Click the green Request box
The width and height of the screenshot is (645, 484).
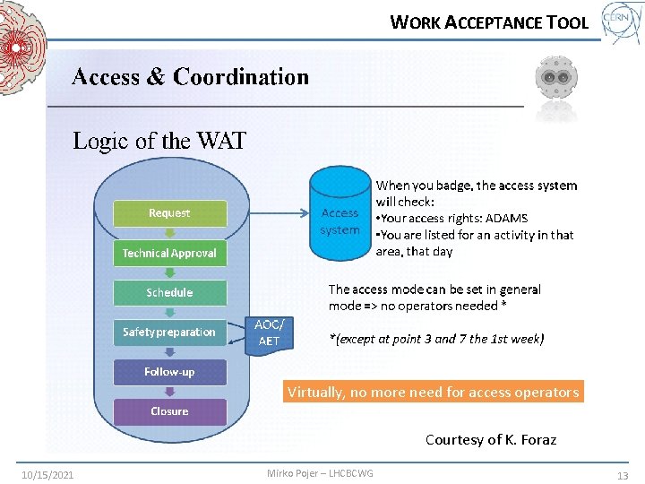pyautogui.click(x=169, y=213)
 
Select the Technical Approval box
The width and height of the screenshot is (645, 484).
pyautogui.click(x=169, y=253)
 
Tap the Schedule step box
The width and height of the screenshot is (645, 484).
pyautogui.click(x=169, y=292)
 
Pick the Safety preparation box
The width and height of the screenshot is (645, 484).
pyautogui.click(x=169, y=332)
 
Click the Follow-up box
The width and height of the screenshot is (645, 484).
pyautogui.click(x=169, y=371)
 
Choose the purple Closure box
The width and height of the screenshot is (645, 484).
pyautogui.click(x=169, y=411)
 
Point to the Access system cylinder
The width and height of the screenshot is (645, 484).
pyautogui.click(x=340, y=216)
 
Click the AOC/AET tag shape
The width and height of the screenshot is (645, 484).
pyautogui.click(x=269, y=333)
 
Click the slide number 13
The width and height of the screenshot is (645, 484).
pyautogui.click(x=623, y=474)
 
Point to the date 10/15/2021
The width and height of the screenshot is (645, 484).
pyautogui.click(x=47, y=474)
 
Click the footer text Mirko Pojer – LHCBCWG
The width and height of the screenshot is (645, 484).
pyautogui.click(x=320, y=473)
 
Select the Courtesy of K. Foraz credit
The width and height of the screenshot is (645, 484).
pyautogui.click(x=490, y=439)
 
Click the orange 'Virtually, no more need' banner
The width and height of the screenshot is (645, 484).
pyautogui.click(x=433, y=392)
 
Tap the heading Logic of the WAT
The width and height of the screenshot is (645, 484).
pyautogui.click(x=159, y=141)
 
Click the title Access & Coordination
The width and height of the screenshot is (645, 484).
pyautogui.click(x=190, y=77)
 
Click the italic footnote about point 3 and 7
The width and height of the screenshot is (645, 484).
pyautogui.click(x=436, y=339)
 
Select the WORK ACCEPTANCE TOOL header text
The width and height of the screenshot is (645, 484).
pyautogui.click(x=489, y=22)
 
